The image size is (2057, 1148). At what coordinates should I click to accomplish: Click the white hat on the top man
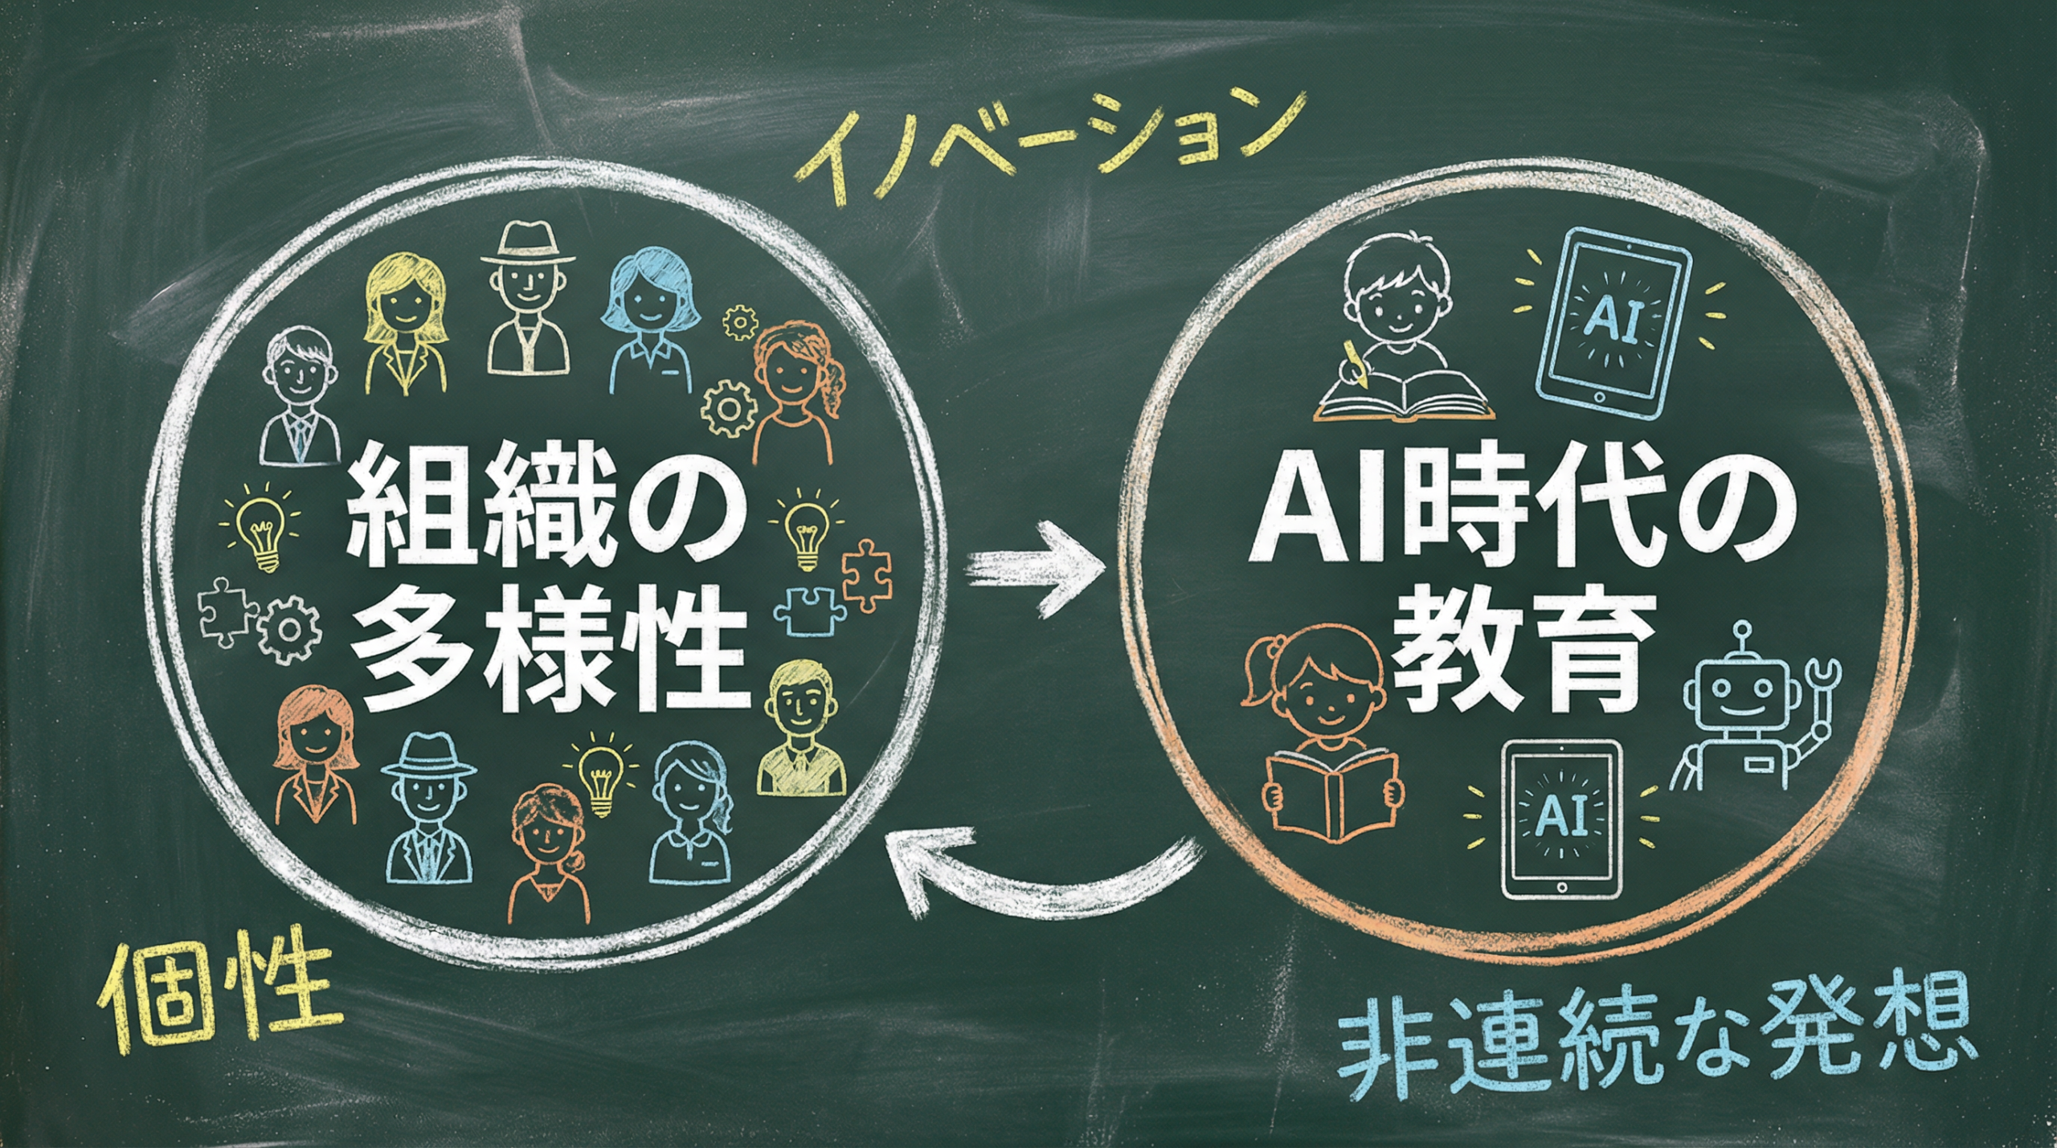[x=527, y=243]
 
